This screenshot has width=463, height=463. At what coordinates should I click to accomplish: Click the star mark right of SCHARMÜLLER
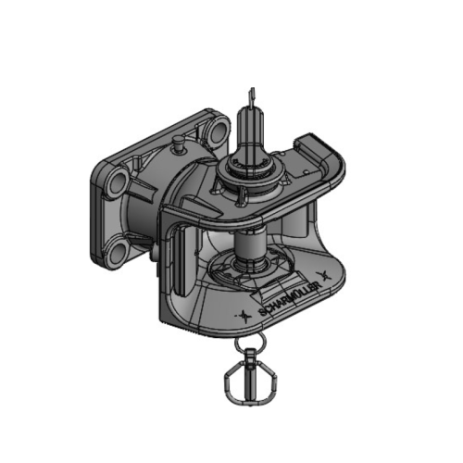pyautogui.click(x=324, y=274)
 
